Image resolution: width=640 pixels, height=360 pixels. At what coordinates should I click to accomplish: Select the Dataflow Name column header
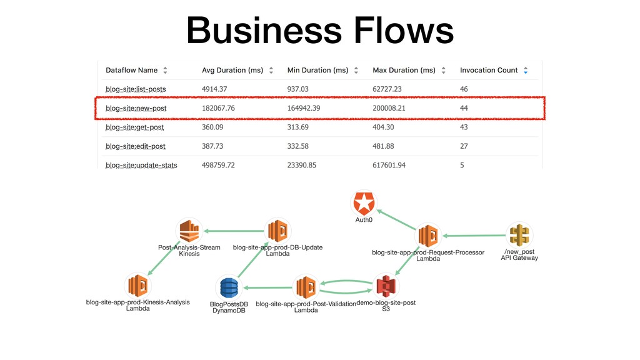131,71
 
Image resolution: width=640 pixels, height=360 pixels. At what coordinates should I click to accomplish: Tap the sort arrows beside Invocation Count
526,71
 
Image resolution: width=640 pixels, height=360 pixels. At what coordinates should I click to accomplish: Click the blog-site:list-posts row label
136,89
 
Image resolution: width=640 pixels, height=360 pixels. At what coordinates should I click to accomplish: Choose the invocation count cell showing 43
464,127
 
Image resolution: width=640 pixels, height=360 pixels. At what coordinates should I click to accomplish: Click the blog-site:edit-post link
136,146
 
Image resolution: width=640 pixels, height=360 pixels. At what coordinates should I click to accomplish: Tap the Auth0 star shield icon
363,204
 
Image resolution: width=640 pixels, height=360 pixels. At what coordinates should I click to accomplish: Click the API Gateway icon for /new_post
519,236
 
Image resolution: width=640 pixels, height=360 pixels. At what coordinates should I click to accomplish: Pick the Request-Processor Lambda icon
428,236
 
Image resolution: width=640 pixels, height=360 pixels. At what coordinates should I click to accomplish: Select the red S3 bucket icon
386,287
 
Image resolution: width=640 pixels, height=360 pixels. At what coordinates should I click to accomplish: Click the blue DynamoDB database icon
228,288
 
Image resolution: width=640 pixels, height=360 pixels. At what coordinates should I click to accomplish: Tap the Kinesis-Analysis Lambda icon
138,286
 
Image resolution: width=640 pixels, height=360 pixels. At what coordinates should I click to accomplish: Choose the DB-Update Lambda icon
277,231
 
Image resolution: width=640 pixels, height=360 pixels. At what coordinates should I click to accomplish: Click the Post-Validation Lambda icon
306,287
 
